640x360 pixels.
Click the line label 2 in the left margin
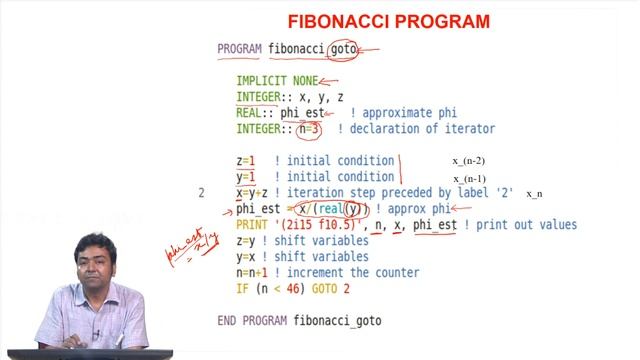point(202,193)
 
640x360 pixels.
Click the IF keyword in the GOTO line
point(243,289)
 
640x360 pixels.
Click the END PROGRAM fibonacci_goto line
point(299,321)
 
